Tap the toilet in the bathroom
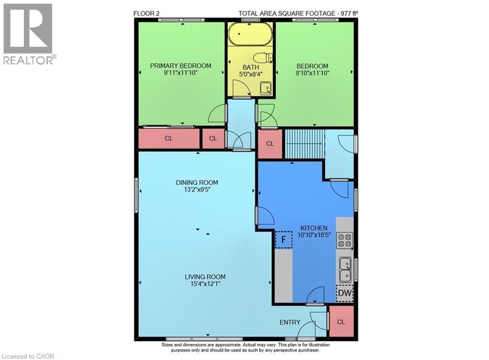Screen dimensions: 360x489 pos(262,58)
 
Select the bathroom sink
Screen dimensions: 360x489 pos(265,88)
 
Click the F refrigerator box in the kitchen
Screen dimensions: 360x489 pos(284,239)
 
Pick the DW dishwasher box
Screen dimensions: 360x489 pos(344,294)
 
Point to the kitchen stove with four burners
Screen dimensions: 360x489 pos(344,240)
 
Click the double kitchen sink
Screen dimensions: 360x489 pos(344,269)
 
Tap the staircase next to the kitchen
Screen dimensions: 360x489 pos(304,144)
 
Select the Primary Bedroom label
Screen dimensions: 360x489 pos(181,66)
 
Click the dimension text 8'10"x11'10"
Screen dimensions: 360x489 pos(312,73)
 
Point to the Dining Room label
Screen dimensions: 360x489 pos(197,182)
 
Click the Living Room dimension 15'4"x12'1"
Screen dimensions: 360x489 pos(205,284)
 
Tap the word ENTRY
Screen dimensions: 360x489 pos(290,322)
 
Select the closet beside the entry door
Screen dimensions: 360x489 pos(341,322)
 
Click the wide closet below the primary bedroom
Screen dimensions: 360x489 pos(169,139)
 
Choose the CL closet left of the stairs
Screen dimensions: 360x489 pos(270,144)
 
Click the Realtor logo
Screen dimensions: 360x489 pos(28,33)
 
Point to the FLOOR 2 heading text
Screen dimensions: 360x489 pos(147,13)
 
